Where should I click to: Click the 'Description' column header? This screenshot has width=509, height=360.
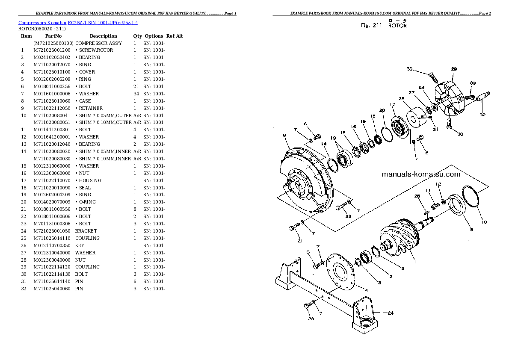(103, 36)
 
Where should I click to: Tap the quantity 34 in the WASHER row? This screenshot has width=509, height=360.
(136, 94)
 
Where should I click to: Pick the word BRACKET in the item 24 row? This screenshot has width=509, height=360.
(86, 231)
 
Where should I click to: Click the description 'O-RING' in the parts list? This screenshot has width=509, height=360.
(87, 202)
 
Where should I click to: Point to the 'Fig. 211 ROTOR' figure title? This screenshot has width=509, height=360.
(384, 26)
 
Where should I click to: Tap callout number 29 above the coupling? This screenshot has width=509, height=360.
(454, 69)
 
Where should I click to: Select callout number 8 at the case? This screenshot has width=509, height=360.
(284, 136)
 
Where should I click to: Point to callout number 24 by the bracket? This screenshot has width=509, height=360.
(389, 312)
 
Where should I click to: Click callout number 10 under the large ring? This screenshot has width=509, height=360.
(484, 221)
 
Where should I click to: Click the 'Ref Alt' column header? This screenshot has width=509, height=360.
(175, 36)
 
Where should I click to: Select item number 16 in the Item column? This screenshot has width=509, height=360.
(24, 173)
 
